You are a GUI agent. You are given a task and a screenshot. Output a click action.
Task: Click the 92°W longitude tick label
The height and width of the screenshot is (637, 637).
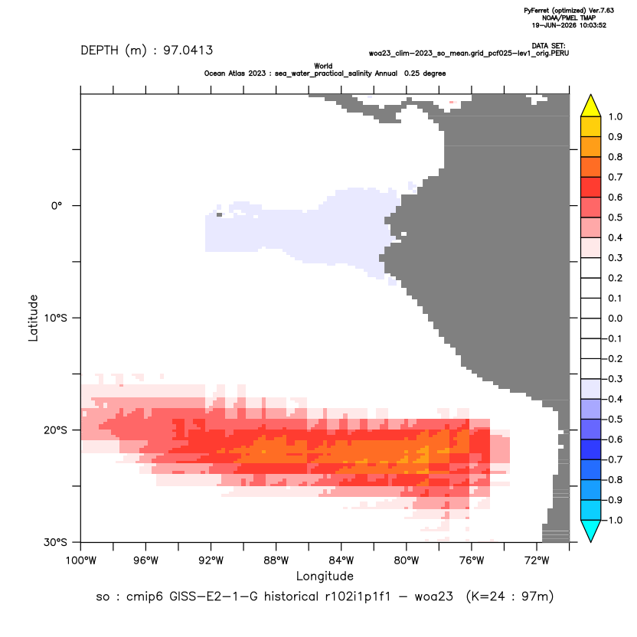click(x=211, y=560)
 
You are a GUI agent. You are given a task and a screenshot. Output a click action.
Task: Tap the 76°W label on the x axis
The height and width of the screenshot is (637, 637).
click(x=472, y=560)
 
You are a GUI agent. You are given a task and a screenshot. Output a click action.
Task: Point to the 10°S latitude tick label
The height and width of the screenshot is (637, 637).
click(x=55, y=318)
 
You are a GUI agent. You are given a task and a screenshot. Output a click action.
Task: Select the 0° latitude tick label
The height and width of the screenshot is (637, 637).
click(x=57, y=205)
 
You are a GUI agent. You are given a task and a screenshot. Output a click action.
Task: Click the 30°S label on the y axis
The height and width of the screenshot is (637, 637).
click(x=55, y=542)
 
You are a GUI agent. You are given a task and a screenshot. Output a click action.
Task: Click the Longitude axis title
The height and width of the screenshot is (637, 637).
click(x=325, y=576)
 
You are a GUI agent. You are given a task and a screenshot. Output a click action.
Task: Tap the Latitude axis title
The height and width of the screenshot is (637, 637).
click(x=33, y=318)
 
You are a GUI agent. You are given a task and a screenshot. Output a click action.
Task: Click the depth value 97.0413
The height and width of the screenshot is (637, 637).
click(x=188, y=51)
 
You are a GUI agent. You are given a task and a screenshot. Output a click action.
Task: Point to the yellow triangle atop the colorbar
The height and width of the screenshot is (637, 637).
click(x=591, y=106)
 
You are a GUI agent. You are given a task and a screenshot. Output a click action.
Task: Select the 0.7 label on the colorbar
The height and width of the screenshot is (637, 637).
click(x=615, y=177)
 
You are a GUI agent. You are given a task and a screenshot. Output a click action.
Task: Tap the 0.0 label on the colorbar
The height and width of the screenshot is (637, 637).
click(x=615, y=318)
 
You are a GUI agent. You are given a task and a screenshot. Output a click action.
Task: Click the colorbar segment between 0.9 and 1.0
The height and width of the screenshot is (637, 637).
click(x=591, y=127)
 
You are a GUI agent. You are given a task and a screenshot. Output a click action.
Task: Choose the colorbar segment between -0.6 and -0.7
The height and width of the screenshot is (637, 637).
click(x=591, y=449)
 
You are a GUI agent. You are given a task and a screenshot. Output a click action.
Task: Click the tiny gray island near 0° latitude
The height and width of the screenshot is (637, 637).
click(x=220, y=214)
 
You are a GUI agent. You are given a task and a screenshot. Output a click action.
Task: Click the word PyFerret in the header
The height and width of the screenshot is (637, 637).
click(x=537, y=11)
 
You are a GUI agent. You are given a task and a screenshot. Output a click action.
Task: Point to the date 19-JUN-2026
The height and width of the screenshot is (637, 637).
click(x=551, y=25)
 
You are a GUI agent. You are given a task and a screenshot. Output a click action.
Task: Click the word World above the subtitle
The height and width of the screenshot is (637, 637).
click(x=323, y=66)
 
